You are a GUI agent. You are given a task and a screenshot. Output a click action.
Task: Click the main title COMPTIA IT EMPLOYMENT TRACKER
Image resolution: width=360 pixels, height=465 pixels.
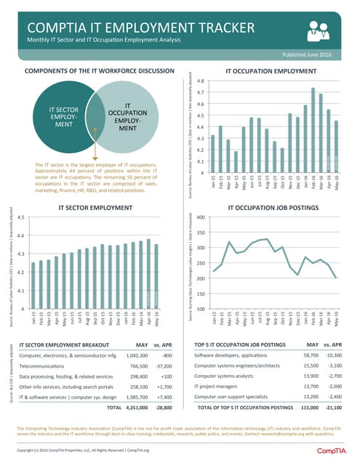[140, 28]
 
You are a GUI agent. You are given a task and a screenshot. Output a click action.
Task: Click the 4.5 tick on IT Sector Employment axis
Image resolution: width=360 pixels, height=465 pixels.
[20, 217]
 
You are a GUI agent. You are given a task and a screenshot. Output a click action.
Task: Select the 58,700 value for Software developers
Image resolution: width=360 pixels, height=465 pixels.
[311, 355]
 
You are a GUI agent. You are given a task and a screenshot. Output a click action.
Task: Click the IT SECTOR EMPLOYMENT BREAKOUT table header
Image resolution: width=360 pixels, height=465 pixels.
[66, 342]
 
